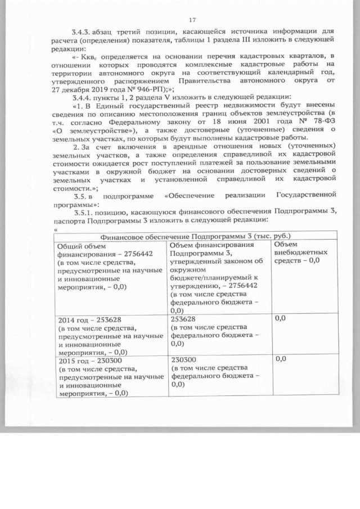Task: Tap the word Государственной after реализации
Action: (307, 196)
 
